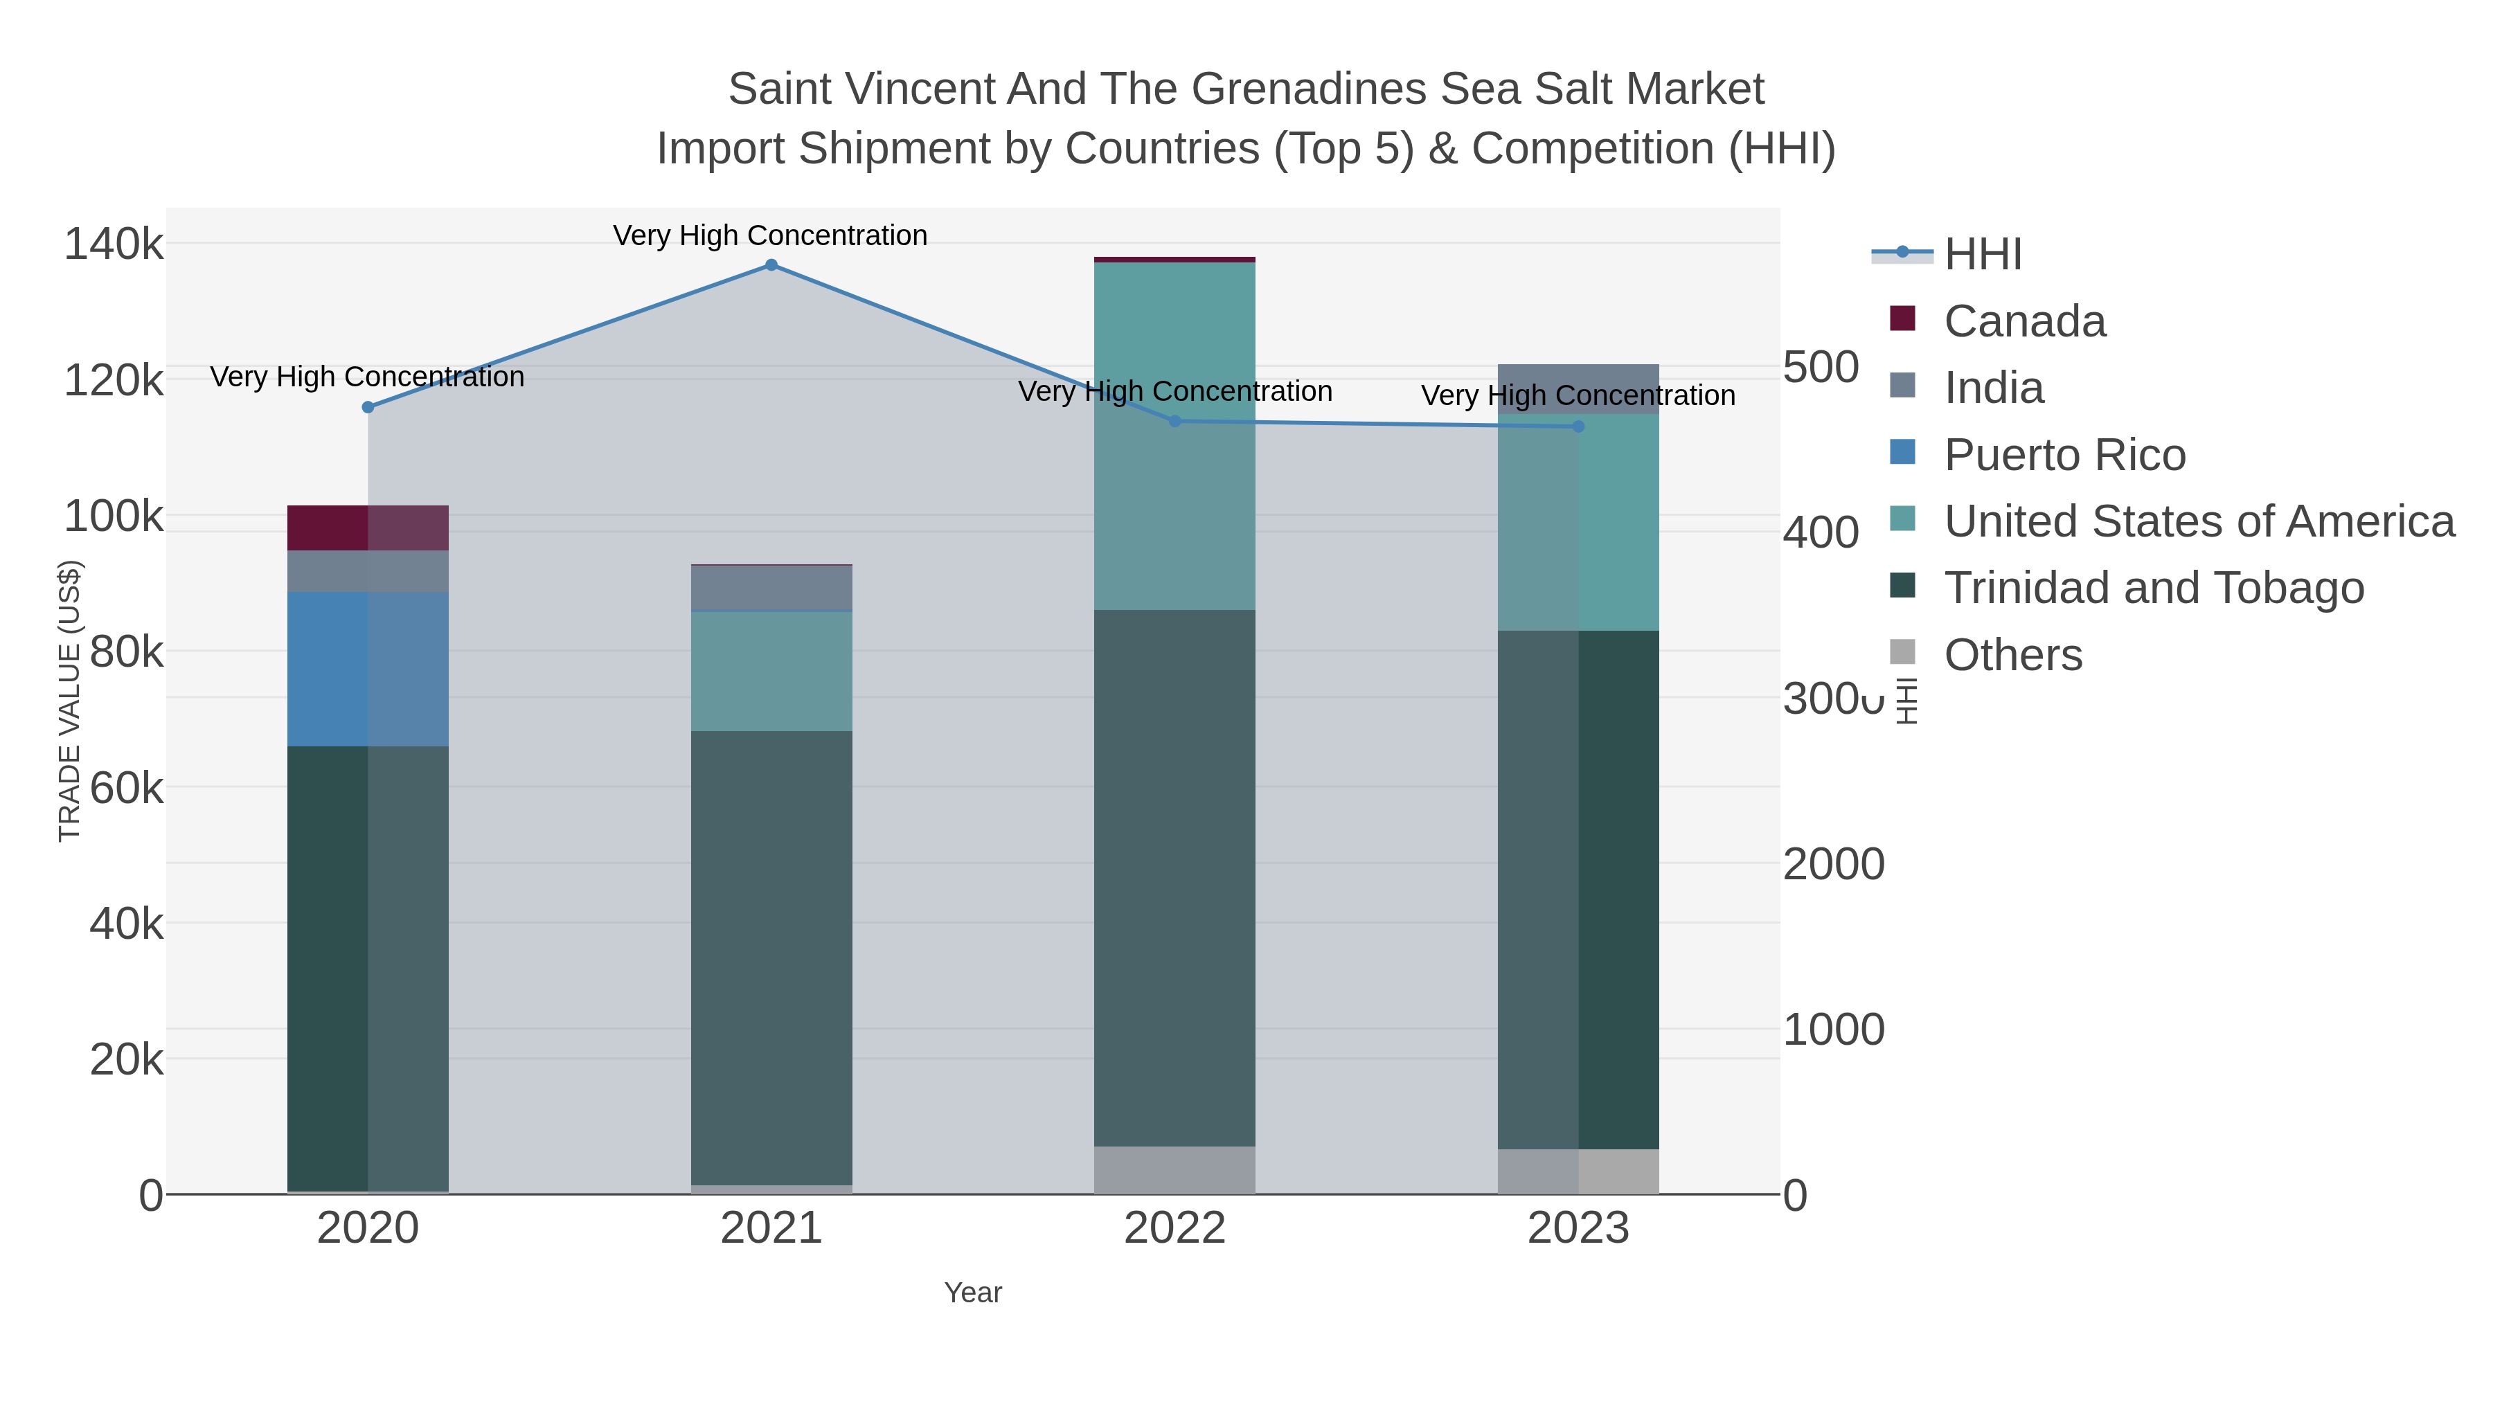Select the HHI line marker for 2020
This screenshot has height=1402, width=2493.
click(x=368, y=407)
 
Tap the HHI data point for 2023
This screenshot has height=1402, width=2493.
click(x=1578, y=426)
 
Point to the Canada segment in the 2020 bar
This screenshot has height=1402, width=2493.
click(x=368, y=528)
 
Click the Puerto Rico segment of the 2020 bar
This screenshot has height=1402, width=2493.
click(x=368, y=669)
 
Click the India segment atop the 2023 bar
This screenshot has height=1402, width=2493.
click(x=1578, y=389)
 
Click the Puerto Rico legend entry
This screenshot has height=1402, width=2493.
click(x=2064, y=455)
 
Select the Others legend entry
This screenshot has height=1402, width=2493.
click(x=2013, y=655)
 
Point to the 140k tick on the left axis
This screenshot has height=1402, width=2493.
click(x=114, y=244)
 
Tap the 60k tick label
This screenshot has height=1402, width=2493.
click(x=126, y=789)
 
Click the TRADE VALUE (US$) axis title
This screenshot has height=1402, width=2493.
click(x=70, y=701)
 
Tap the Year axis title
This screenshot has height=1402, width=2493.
click(x=973, y=1293)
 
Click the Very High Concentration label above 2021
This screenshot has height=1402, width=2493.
click(x=770, y=235)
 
